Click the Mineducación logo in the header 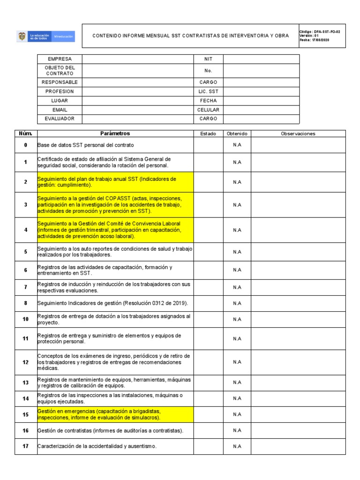(x=46, y=36)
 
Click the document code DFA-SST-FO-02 (x=320, y=31)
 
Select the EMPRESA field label (x=60, y=59)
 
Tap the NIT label (x=208, y=59)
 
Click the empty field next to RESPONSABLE (x=138, y=82)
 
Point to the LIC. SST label (x=208, y=91)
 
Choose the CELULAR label (x=208, y=110)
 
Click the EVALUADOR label (x=60, y=119)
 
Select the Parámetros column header (x=115, y=134)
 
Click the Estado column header (x=208, y=134)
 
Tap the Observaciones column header (x=298, y=134)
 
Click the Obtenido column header (x=237, y=134)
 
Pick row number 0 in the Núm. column (x=25, y=145)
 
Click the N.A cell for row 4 (x=237, y=230)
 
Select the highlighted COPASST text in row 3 (x=115, y=205)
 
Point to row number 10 (x=25, y=319)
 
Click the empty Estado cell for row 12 (x=208, y=362)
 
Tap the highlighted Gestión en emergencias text (x=115, y=414)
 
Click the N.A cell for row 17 (x=237, y=446)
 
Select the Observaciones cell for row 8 (x=298, y=303)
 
